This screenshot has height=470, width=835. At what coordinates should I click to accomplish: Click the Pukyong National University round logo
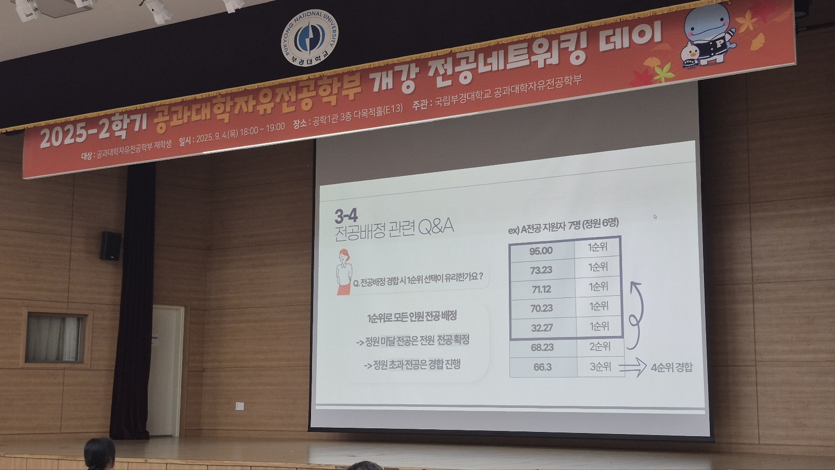(309, 38)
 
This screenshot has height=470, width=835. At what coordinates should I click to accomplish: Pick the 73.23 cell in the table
(542, 270)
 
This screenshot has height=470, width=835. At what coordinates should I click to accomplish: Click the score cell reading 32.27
(542, 328)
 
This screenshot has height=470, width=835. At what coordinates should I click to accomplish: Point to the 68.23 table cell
(543, 347)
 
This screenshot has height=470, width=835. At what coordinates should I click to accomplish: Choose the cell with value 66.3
(543, 367)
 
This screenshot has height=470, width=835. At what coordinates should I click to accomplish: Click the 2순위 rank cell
(600, 346)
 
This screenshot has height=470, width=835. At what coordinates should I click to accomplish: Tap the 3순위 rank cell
(601, 367)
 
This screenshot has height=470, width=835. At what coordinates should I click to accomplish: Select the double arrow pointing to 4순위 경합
(632, 368)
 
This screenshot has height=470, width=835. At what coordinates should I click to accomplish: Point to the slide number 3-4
(346, 215)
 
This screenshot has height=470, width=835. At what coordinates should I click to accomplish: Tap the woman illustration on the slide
(344, 272)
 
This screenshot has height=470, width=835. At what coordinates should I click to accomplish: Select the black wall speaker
(111, 246)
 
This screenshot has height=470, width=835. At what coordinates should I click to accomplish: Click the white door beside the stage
(166, 370)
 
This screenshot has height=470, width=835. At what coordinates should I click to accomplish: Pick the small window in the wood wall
(55, 338)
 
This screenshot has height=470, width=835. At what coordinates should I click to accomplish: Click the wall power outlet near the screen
(240, 406)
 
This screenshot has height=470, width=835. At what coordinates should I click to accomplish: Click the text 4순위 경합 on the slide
(672, 368)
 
